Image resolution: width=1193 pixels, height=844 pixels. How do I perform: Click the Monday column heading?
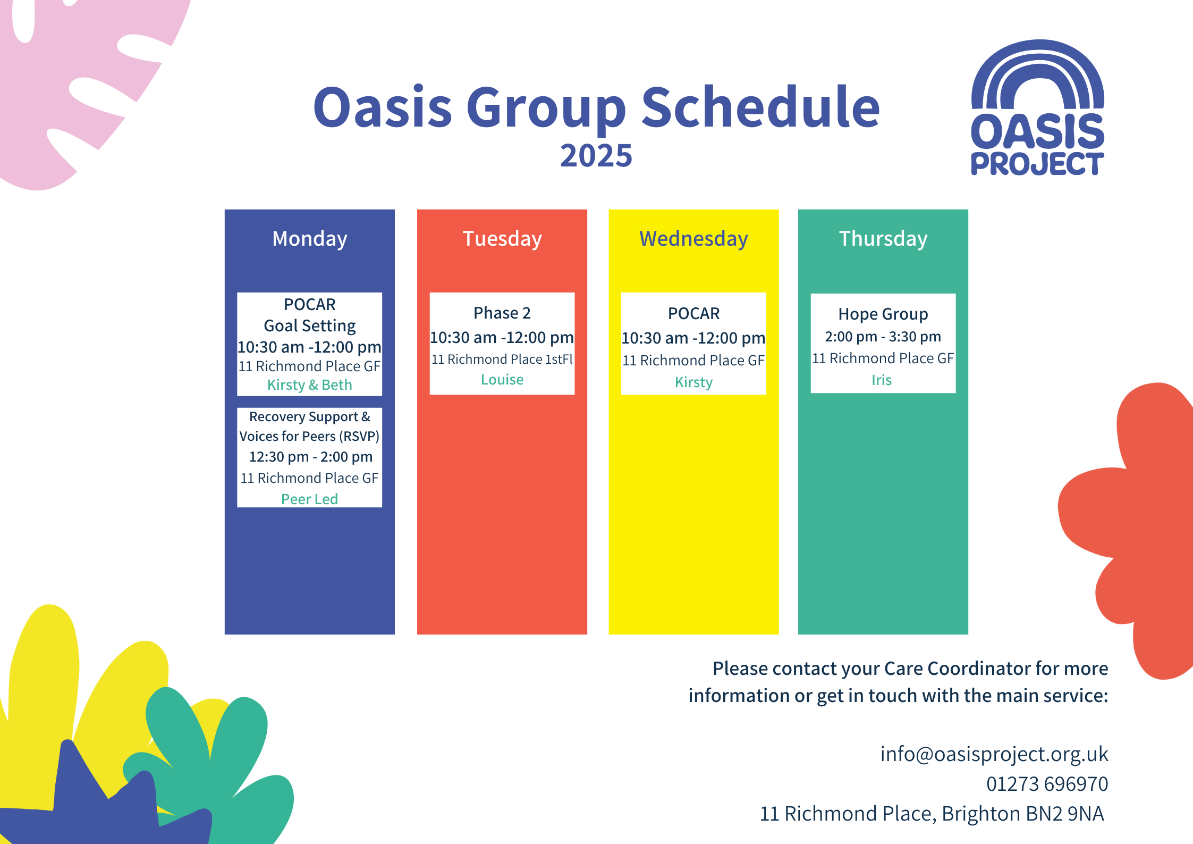309,239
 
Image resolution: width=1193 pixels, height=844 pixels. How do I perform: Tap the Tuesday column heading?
502,239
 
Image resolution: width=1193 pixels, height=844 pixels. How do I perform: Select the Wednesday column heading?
693,239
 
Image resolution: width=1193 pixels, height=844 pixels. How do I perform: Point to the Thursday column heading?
883,239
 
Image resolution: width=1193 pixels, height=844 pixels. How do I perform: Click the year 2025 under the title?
596,156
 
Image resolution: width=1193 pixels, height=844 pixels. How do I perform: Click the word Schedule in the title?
760,108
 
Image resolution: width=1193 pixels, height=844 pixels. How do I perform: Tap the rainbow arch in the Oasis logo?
1037,74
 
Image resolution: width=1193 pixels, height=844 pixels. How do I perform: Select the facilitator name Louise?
502,380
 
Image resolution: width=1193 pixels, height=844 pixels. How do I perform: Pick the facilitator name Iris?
881,380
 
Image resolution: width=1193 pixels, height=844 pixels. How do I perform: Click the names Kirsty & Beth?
309,385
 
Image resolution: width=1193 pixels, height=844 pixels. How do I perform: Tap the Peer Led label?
309,499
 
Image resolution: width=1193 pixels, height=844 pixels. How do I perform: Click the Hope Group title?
883,314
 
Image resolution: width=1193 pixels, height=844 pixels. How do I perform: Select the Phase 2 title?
502,313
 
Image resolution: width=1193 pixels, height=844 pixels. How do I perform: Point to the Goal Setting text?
309,325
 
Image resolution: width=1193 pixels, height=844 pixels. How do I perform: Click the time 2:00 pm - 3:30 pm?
883,337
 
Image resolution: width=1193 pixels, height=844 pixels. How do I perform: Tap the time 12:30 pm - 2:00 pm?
310,457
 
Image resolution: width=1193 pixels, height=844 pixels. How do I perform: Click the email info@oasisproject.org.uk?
994,754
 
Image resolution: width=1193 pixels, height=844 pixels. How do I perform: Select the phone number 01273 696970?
1047,784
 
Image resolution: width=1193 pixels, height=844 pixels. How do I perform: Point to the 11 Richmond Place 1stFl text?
502,360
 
